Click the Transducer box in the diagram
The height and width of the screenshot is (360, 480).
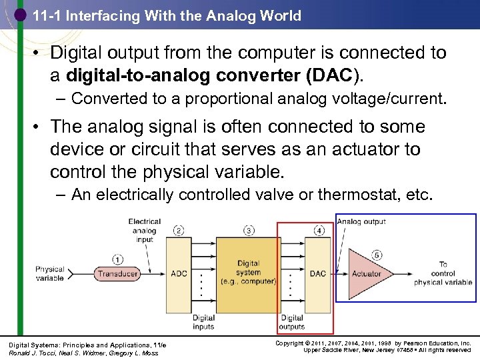coord(117,273)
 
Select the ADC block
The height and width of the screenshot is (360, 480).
coord(179,273)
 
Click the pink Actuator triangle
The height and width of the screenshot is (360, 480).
coord(363,273)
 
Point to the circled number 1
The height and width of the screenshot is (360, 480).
coord(118,259)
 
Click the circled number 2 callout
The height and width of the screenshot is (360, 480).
coord(179,231)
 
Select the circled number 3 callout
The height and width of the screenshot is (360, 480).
coord(249,231)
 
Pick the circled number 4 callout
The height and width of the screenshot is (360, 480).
coord(319,231)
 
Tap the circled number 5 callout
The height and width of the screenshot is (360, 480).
coord(377,255)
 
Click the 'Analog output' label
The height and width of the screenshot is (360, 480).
coord(361,222)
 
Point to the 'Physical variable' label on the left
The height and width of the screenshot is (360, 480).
coord(50,274)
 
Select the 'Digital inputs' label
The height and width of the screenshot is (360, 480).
coord(203,323)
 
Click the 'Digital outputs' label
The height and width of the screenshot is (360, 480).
coord(292,323)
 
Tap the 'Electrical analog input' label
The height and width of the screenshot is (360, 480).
coord(144,231)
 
